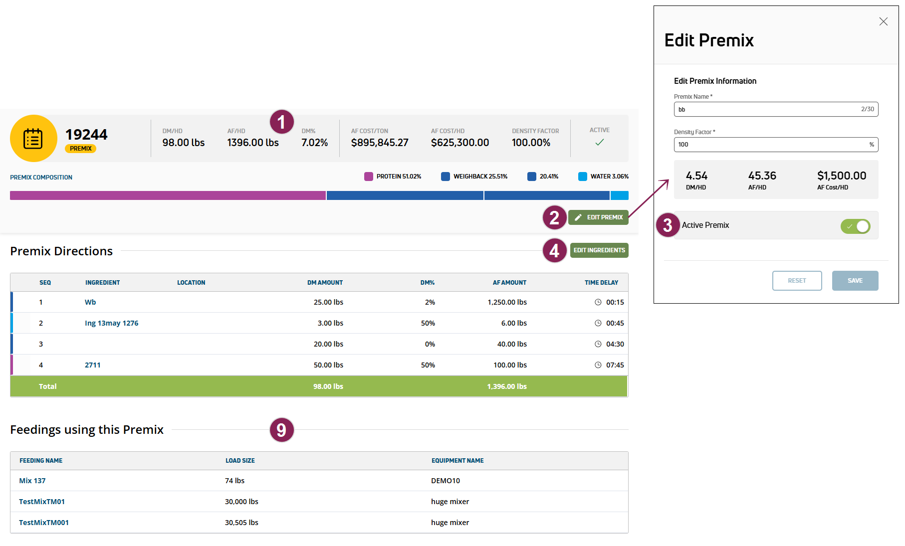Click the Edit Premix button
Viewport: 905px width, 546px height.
(x=598, y=217)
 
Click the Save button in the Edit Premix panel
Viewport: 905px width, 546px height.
(x=855, y=281)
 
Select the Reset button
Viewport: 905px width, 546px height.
(x=797, y=281)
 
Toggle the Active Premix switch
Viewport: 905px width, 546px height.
(x=855, y=226)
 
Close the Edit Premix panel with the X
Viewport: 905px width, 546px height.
(x=883, y=21)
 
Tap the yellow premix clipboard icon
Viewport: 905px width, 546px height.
(x=33, y=139)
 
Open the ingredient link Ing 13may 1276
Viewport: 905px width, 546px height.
(x=111, y=323)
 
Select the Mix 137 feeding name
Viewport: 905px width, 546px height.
(x=32, y=481)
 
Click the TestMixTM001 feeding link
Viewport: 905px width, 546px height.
(x=44, y=523)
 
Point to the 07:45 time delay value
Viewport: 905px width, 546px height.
(x=615, y=365)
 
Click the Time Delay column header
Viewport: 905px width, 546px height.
(x=601, y=283)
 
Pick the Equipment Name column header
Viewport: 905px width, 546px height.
(x=457, y=461)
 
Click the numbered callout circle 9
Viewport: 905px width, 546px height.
(x=281, y=430)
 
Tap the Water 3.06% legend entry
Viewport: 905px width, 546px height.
(x=604, y=177)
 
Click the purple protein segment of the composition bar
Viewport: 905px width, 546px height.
(x=168, y=195)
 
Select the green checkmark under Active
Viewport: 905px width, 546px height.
(x=599, y=143)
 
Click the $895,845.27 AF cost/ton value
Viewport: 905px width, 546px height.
(x=380, y=143)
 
